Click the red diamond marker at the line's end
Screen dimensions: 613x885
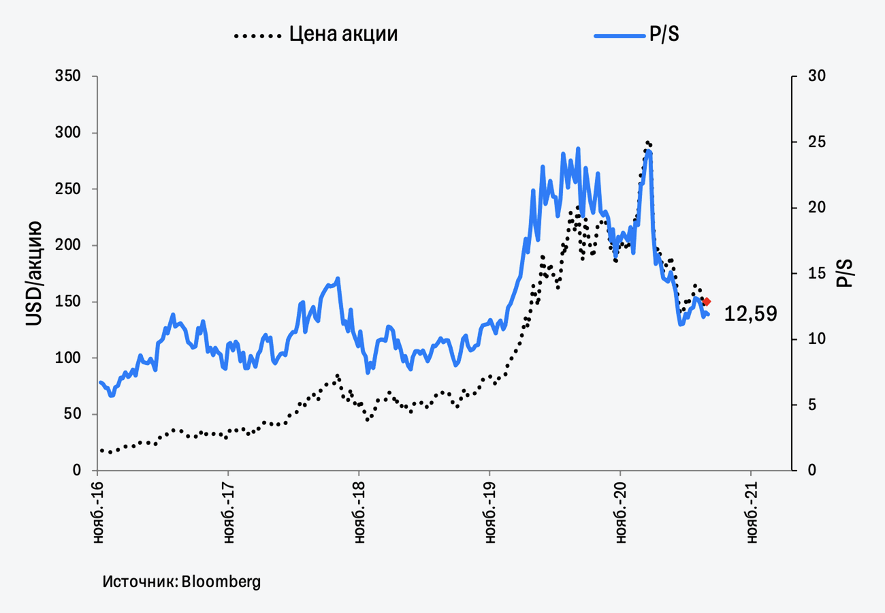pyautogui.click(x=707, y=302)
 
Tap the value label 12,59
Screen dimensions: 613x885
pyautogui.click(x=750, y=314)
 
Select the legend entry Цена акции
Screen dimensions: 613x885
pyautogui.click(x=343, y=34)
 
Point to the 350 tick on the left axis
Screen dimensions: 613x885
pyautogui.click(x=67, y=76)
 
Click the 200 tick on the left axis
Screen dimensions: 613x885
pyautogui.click(x=67, y=245)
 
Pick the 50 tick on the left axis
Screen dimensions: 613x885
pyautogui.click(x=71, y=414)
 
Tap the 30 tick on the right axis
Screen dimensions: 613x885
pyautogui.click(x=816, y=76)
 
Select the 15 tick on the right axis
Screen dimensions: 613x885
pyautogui.click(x=816, y=273)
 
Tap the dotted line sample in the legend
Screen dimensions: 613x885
pyautogui.click(x=257, y=34)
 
